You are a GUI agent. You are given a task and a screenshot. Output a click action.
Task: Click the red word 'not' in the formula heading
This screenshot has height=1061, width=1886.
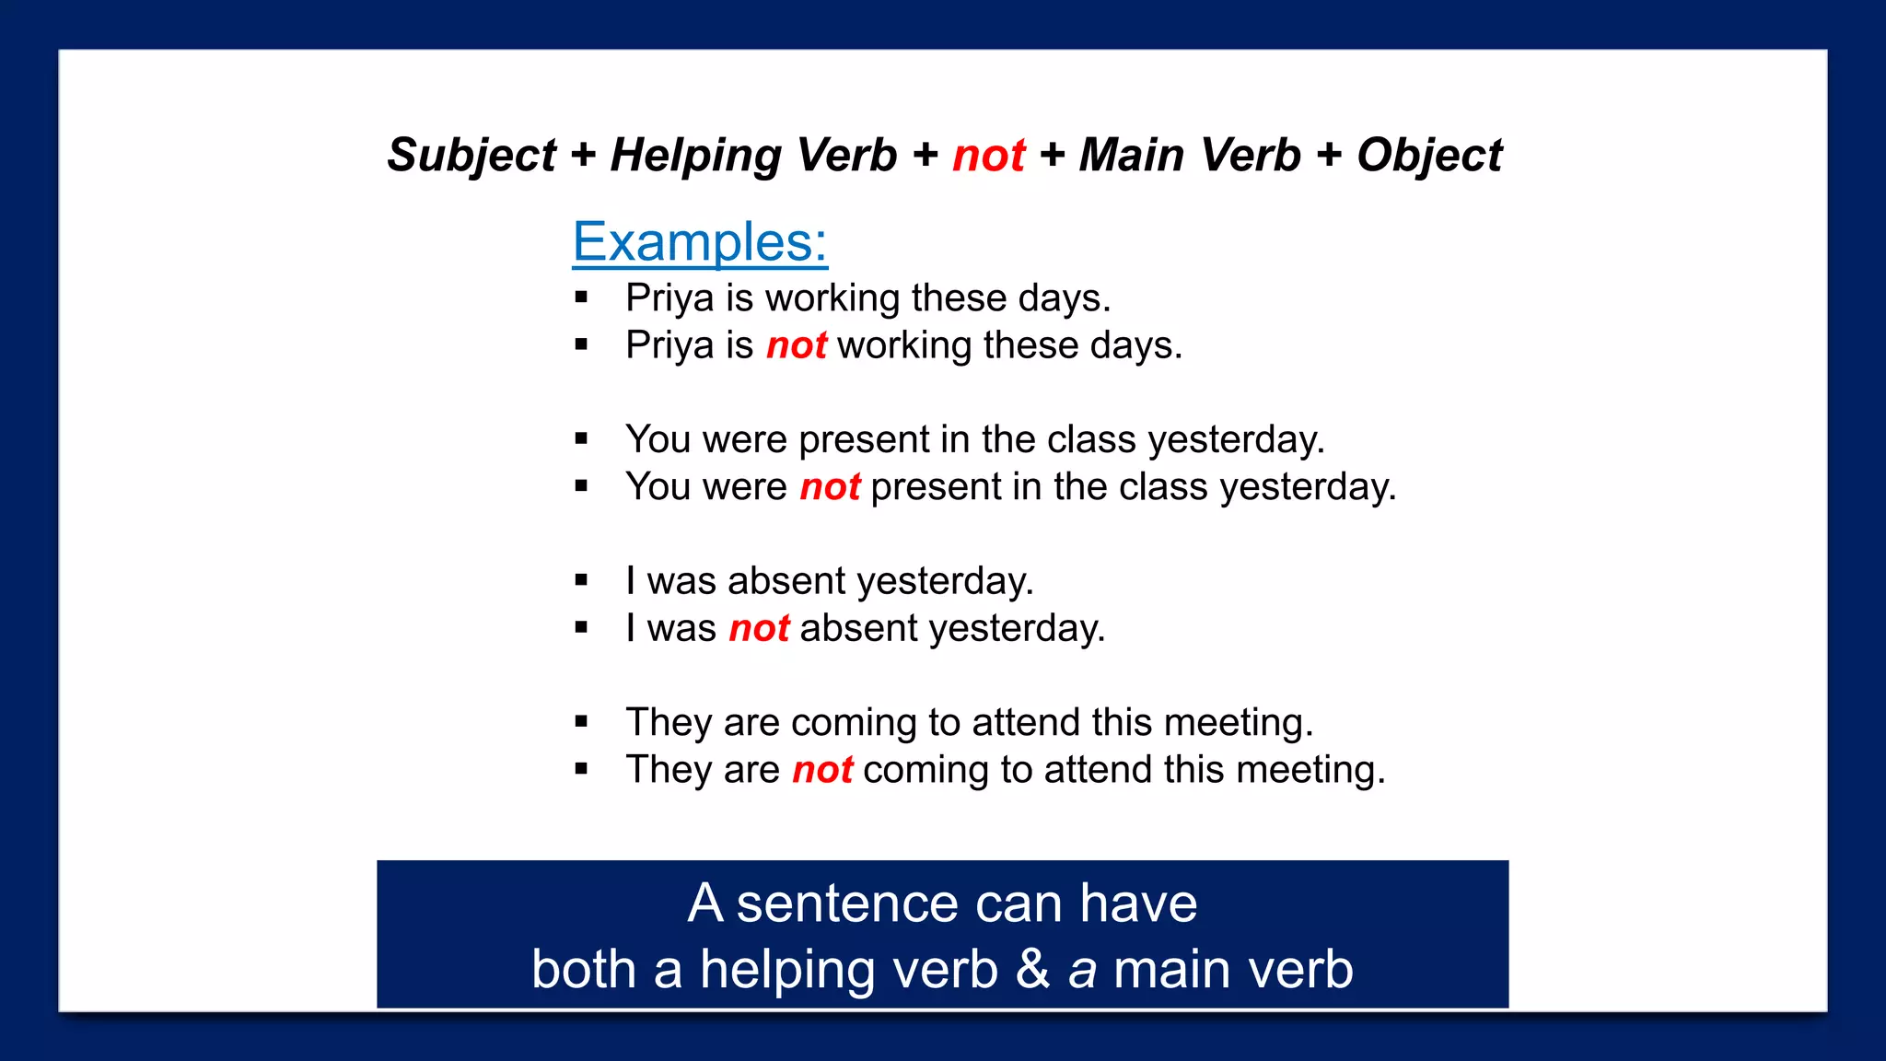pyautogui.click(x=988, y=155)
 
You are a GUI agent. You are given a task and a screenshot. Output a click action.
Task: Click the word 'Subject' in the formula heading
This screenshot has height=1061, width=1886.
pyautogui.click(x=471, y=155)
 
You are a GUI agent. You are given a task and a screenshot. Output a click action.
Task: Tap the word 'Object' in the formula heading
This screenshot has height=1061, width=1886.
pyautogui.click(x=1429, y=155)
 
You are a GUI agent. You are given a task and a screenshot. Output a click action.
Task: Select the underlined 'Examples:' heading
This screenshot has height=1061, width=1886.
pyautogui.click(x=700, y=242)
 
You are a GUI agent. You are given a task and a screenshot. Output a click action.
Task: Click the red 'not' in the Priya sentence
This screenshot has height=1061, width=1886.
pyautogui.click(x=797, y=345)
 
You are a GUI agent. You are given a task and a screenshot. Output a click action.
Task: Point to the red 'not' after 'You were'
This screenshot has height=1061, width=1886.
pyautogui.click(x=830, y=486)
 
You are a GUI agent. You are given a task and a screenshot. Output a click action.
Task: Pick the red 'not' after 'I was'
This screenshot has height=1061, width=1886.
pyautogui.click(x=759, y=628)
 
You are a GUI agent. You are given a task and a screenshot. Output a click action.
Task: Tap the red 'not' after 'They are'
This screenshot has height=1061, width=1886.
pyautogui.click(x=822, y=770)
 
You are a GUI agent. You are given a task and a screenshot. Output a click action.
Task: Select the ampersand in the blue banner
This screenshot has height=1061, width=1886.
pyautogui.click(x=1033, y=970)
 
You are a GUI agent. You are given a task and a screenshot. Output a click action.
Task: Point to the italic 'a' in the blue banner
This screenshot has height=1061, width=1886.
pyautogui.click(x=1082, y=970)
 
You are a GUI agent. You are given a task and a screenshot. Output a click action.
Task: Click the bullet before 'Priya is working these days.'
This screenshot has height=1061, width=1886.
pyautogui.click(x=581, y=297)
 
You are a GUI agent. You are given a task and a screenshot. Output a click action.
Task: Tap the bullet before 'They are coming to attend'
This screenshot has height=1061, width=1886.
pyautogui.click(x=581, y=722)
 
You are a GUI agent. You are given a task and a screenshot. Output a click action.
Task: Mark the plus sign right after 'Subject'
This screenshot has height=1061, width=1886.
pyautogui.click(x=583, y=155)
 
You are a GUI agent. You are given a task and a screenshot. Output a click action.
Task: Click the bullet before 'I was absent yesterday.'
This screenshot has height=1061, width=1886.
pyautogui.click(x=581, y=580)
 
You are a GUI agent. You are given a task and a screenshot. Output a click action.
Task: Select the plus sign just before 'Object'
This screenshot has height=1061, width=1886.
pyautogui.click(x=1329, y=155)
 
